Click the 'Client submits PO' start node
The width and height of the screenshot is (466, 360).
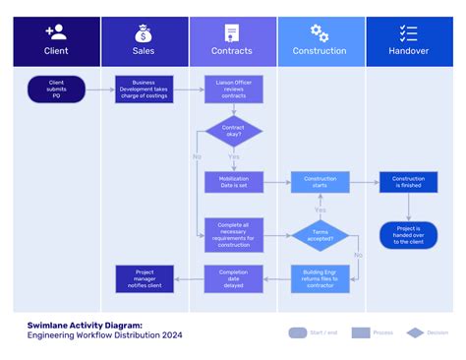click(56, 90)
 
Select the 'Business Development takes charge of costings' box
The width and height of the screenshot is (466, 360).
click(144, 90)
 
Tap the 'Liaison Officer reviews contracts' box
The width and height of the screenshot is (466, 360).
click(233, 90)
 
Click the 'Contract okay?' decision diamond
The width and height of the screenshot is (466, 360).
click(233, 133)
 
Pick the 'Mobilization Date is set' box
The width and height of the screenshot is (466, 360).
click(233, 182)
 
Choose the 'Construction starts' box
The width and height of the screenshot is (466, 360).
click(320, 182)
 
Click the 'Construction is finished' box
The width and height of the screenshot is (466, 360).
click(408, 182)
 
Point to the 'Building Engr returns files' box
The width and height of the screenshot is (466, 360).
click(320, 277)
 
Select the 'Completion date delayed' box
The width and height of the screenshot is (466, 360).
click(233, 277)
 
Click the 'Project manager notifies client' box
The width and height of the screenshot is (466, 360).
click(144, 277)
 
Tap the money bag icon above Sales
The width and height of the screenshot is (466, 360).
click(144, 32)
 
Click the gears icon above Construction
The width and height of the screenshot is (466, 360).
click(320, 32)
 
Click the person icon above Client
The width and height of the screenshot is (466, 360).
click(56, 32)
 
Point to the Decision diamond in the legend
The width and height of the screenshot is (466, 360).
click(415, 332)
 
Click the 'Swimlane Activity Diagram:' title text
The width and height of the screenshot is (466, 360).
click(85, 324)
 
